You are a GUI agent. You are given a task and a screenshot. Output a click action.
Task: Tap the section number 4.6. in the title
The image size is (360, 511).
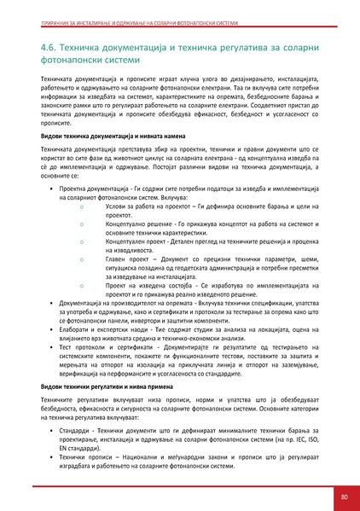tap(42, 46)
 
